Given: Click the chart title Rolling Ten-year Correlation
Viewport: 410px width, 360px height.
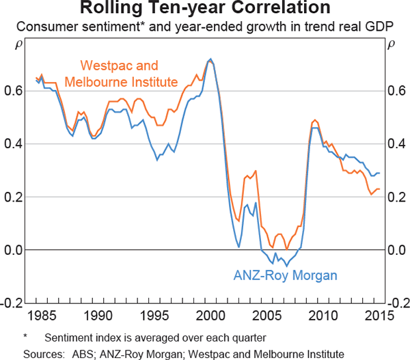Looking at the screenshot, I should tap(205, 9).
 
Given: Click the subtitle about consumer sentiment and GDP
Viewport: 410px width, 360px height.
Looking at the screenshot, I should tap(205, 27).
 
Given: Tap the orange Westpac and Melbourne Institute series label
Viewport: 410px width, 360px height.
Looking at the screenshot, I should tap(119, 74).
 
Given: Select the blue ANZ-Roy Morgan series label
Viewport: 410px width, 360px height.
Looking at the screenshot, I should tap(286, 276).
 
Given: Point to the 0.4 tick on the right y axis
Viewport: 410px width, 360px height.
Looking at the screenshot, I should tap(395, 144).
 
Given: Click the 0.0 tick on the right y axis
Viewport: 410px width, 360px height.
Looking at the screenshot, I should tap(395, 250).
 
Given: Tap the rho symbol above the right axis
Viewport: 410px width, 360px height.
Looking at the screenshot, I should tap(391, 46).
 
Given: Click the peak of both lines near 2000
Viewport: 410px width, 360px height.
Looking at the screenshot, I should tap(210, 59).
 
